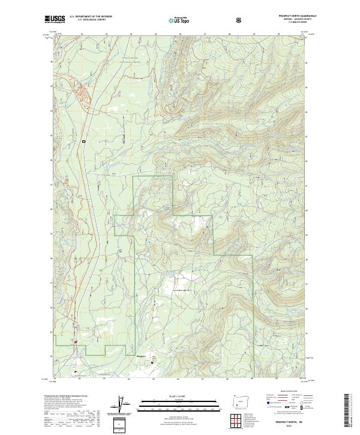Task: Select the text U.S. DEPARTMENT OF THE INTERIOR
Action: pos(91,16)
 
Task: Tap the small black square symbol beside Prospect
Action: pos(152,362)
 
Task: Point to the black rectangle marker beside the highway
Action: pos(85,141)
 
